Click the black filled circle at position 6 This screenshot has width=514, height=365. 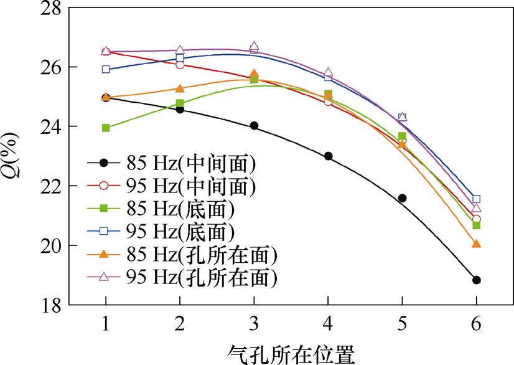point(477,280)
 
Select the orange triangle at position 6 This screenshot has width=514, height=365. point(477,244)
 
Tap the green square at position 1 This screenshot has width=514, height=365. point(106,128)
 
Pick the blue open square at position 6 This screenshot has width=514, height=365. point(477,199)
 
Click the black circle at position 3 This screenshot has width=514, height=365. point(254,125)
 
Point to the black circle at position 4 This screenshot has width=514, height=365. point(328,156)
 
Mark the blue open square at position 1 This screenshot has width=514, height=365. point(106,69)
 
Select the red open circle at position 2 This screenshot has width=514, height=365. point(180,65)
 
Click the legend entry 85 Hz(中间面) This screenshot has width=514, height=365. point(181,163)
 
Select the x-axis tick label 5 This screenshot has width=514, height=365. point(402,325)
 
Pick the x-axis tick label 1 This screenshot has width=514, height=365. point(106,325)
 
